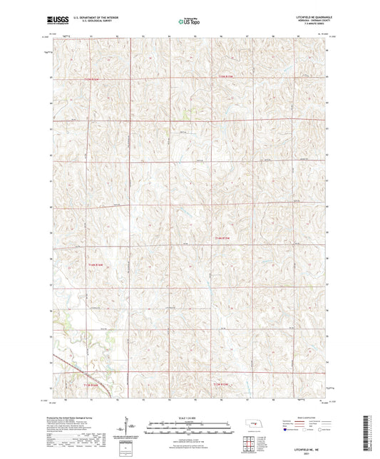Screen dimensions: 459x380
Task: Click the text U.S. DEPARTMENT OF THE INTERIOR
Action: (96, 18)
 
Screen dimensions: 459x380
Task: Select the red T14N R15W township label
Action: (223, 237)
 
